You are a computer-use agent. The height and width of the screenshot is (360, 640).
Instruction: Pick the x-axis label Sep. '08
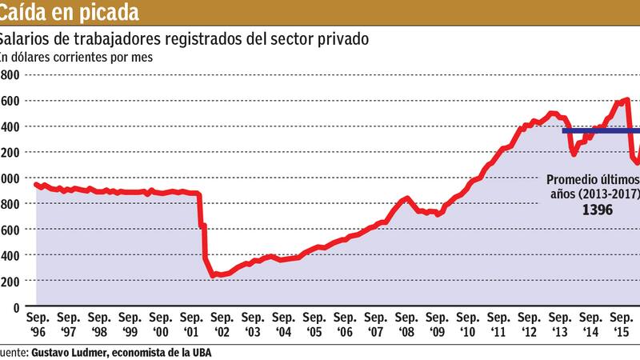click(x=406, y=323)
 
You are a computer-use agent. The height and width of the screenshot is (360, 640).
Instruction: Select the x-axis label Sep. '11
click(x=498, y=323)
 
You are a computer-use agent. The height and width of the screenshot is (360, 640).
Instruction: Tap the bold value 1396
click(x=596, y=209)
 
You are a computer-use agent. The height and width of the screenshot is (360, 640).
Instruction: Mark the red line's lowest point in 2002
click(x=215, y=276)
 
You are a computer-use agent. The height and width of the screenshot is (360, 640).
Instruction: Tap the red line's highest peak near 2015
click(x=626, y=100)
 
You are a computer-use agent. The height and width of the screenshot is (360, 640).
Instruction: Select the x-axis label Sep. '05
click(x=314, y=323)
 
